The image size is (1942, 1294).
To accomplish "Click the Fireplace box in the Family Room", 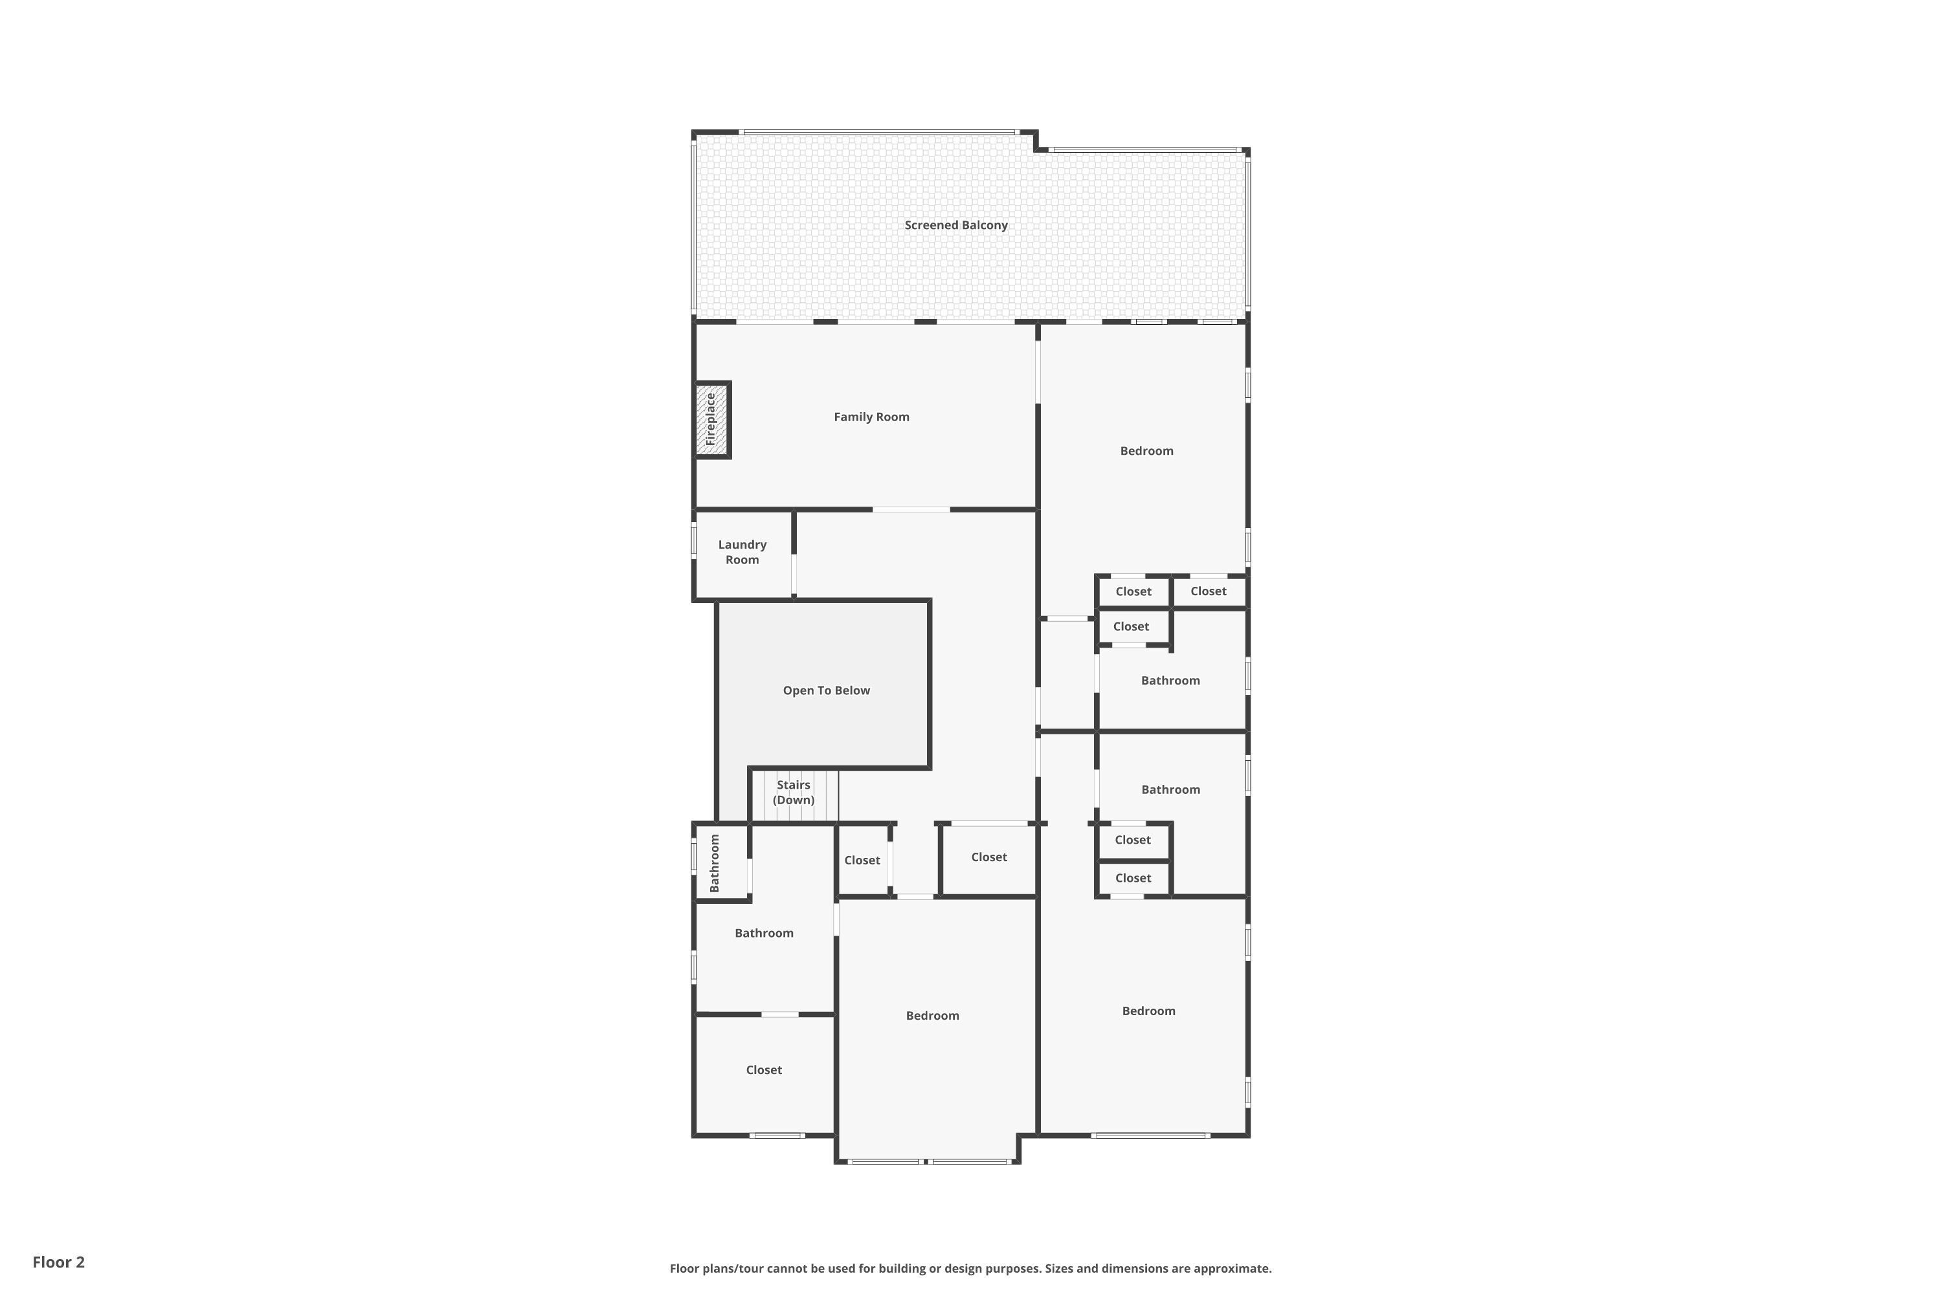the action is point(711,420).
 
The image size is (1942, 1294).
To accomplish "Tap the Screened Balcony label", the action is point(956,225).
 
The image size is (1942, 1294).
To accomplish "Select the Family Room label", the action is point(871,417).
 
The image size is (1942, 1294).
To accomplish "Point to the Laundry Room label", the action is point(742,552).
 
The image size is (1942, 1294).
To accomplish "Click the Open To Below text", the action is point(827,691).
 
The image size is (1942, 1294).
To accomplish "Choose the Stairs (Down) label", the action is point(794,792).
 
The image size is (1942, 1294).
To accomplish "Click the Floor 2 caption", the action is point(59,1262).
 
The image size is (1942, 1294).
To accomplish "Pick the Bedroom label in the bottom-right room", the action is point(1148,1011).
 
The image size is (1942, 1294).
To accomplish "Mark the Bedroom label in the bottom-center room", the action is point(932,1016).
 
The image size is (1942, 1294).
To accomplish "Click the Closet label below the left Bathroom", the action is point(764,1070).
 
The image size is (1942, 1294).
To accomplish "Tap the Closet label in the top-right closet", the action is point(1209,591).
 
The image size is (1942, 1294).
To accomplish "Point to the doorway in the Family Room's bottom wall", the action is point(911,510).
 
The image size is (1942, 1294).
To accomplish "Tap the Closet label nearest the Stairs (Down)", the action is point(862,860).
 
